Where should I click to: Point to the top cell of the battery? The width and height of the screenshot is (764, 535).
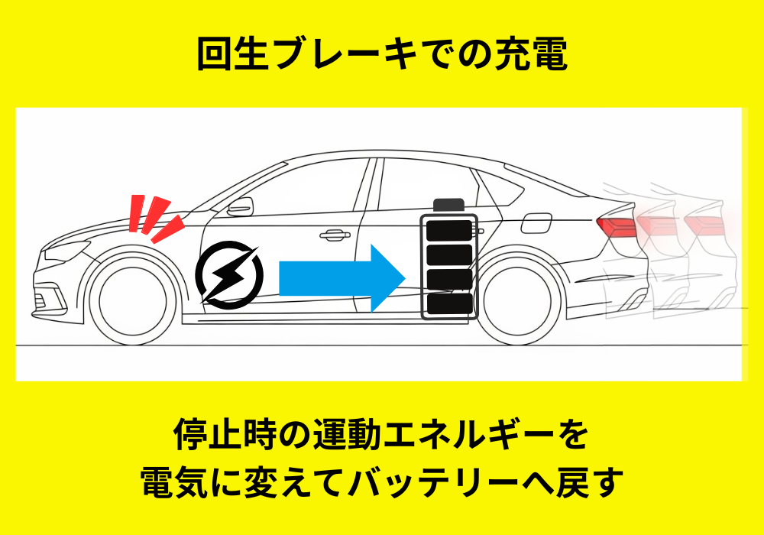pos(448,230)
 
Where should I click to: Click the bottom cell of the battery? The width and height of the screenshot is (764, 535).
pos(448,304)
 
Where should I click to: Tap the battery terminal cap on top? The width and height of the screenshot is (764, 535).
pos(448,204)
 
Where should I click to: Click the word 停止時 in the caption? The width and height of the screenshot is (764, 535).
pos(225,437)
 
